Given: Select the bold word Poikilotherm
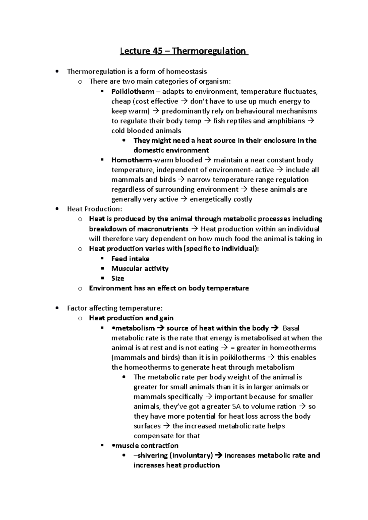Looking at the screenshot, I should [x=133, y=92].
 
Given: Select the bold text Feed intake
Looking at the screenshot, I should [x=130, y=259].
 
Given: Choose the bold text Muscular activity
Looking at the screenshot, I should [x=140, y=269].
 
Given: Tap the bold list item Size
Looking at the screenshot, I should [x=118, y=278].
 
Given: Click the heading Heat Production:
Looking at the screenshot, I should [x=94, y=209].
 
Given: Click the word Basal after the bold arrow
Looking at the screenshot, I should [x=291, y=328].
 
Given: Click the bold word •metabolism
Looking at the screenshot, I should [x=133, y=328].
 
